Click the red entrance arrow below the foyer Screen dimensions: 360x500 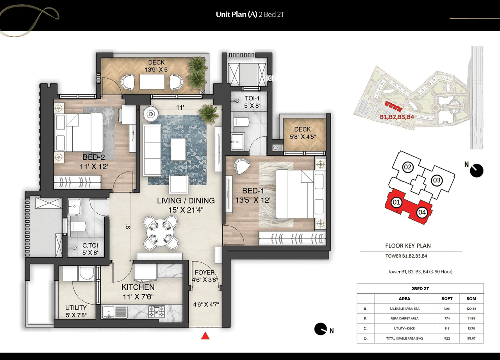(205, 335)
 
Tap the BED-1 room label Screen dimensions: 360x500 (253, 191)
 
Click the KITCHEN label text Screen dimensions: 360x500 (138, 287)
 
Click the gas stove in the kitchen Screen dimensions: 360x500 (157, 311)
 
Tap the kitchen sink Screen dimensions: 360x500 (115, 311)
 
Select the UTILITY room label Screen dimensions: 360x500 (76, 308)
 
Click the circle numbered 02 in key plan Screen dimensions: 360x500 (408, 168)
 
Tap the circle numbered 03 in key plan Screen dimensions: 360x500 (437, 180)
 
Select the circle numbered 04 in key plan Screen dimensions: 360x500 (422, 212)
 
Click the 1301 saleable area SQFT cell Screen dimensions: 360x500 (447, 308)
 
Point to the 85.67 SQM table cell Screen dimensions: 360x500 (471, 338)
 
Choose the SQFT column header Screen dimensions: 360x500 (447, 298)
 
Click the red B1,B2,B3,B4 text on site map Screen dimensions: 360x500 (396, 117)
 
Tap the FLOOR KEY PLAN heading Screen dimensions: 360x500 (408, 246)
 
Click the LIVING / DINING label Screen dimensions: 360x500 (186, 201)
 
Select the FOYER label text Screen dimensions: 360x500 (205, 273)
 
